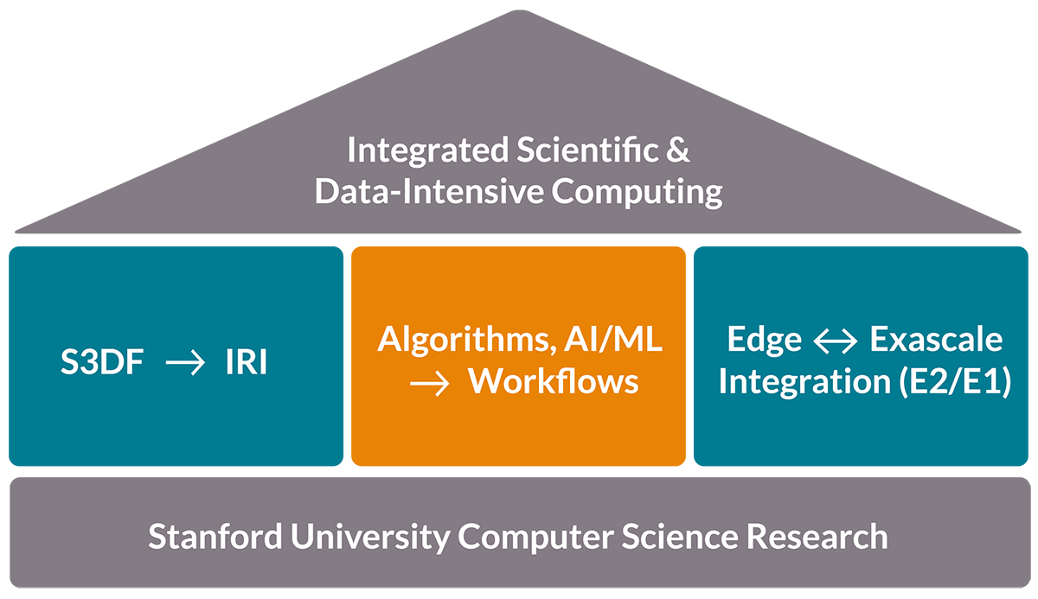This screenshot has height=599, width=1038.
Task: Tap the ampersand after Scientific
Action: pyautogui.click(x=679, y=151)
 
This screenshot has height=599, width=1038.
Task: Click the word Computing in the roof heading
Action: pyautogui.click(x=638, y=192)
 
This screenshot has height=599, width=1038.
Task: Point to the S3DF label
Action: pyautogui.click(x=102, y=364)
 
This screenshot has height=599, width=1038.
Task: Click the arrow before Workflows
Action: pyautogui.click(x=430, y=383)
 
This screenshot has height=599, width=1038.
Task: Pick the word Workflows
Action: pyautogui.click(x=554, y=381)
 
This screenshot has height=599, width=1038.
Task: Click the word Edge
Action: pyautogui.click(x=764, y=340)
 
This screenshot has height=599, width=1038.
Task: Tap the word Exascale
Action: pyautogui.click(x=937, y=340)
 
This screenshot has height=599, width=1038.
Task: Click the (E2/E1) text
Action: pyautogui.click(x=951, y=381)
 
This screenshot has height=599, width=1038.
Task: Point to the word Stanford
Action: pyautogui.click(x=215, y=537)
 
